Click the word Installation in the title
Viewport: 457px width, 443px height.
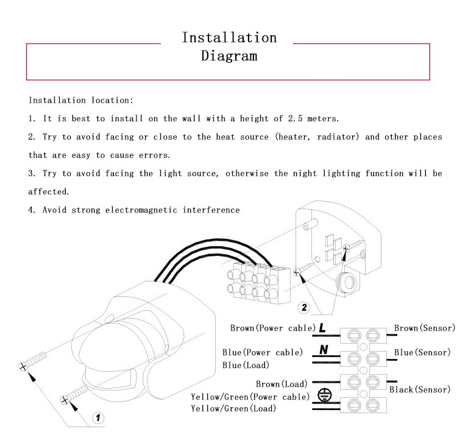coord(229,37)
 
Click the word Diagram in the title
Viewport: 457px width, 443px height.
coord(229,56)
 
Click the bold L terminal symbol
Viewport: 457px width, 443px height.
coord(322,328)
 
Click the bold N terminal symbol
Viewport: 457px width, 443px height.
coord(324,350)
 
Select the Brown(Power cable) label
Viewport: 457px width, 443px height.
coord(272,328)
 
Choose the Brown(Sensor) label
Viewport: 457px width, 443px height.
coord(424,328)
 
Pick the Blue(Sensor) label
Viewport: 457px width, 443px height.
coord(422,352)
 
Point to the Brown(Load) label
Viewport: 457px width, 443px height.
coord(282,384)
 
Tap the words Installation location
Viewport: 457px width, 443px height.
coord(80,100)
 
